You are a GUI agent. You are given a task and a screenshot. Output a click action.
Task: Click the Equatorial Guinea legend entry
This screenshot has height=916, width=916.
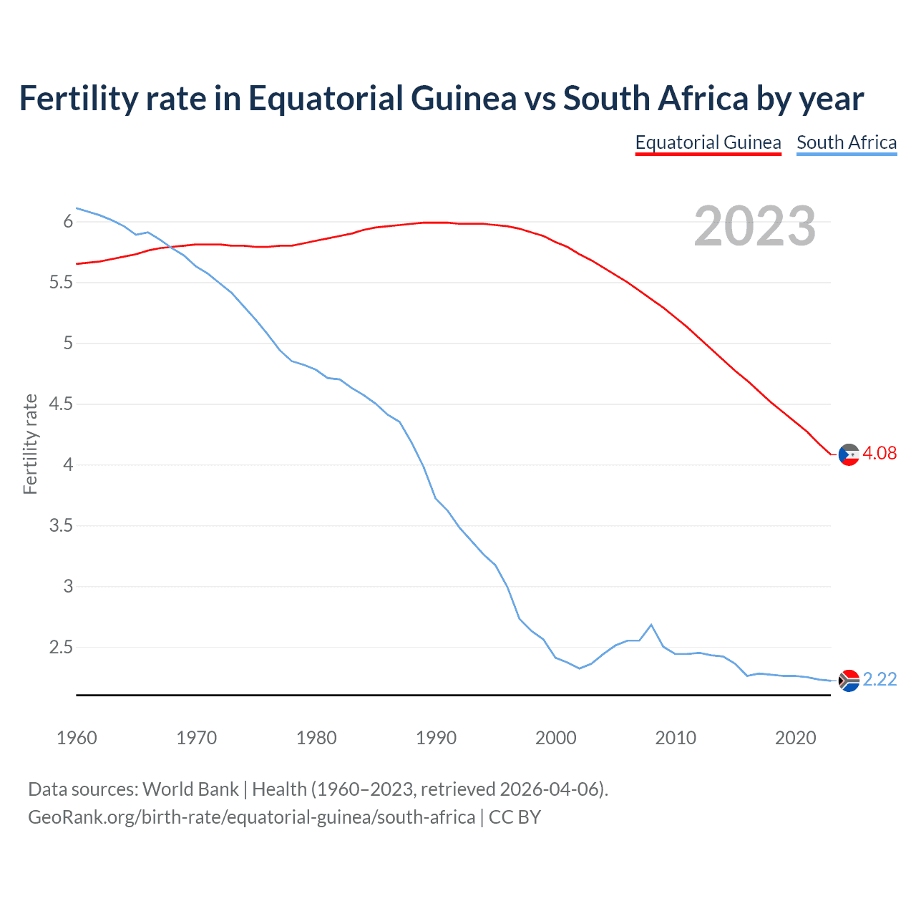708,142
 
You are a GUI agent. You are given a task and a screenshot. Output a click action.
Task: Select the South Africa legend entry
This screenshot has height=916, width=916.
847,142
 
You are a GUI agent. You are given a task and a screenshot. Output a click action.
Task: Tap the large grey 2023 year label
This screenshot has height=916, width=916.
755,226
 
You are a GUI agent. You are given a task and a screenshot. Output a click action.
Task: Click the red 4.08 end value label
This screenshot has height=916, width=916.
880,453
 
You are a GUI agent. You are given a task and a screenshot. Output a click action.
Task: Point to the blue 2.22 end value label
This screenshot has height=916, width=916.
880,679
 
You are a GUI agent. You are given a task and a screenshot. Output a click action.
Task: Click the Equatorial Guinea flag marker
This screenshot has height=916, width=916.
849,454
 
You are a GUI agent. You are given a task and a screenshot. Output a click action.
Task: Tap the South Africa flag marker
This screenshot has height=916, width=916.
849,681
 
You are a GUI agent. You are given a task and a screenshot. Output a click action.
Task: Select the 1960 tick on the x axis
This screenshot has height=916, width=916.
77,738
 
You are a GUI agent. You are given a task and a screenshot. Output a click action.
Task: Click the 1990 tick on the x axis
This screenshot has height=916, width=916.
436,738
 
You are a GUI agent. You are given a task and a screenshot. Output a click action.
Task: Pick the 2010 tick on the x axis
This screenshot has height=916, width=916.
676,738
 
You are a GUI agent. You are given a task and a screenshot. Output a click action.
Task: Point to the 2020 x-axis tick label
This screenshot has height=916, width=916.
795,738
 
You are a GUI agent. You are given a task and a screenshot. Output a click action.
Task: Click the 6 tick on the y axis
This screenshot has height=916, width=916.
68,222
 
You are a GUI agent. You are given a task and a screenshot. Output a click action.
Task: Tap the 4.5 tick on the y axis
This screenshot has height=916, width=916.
61,404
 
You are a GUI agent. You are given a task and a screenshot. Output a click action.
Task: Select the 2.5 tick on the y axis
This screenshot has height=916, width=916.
61,648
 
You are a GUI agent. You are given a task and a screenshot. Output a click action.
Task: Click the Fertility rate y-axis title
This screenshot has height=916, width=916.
30,444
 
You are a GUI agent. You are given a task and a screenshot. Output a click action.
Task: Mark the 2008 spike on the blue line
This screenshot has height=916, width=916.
651,625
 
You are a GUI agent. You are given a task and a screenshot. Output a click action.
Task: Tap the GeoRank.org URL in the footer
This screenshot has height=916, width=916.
251,817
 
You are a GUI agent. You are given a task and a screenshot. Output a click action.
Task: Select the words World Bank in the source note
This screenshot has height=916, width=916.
190,789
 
